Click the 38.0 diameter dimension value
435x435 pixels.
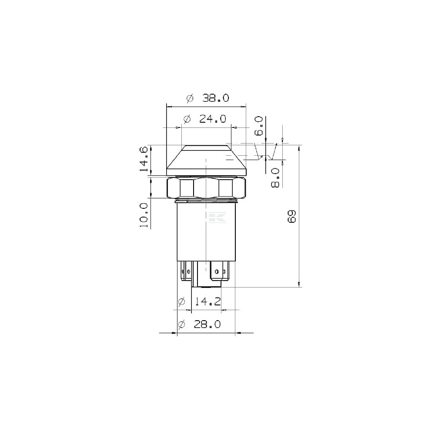click(216, 98)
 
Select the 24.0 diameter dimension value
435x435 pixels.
click(213, 119)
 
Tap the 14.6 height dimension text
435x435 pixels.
click(144, 159)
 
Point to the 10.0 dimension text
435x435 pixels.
click(144, 215)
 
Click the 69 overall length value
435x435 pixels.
click(292, 216)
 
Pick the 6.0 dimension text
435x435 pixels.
click(258, 126)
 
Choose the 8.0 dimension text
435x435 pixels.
click(275, 178)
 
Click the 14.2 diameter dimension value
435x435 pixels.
click(207, 301)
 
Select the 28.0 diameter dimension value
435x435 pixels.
click(207, 324)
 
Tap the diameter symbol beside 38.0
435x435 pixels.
click(190, 98)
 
